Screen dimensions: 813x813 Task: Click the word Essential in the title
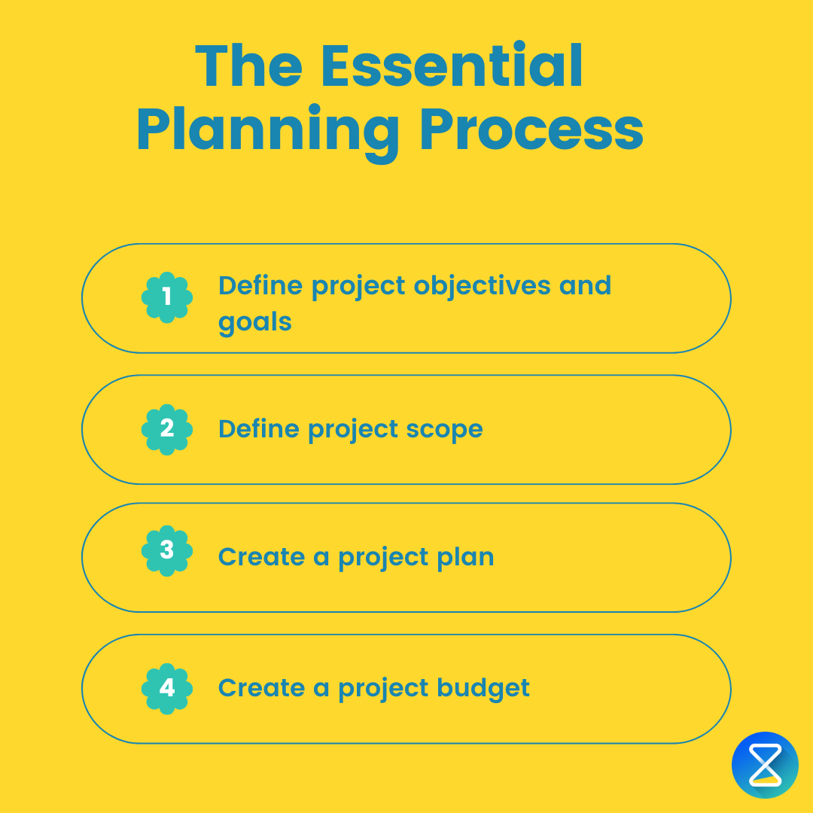[452, 67]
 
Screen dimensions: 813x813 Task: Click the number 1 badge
[167, 297]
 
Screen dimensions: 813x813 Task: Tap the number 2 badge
[167, 429]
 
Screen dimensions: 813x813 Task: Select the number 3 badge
[167, 550]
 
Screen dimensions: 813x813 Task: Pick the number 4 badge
[167, 688]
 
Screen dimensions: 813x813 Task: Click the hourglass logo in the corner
[765, 765]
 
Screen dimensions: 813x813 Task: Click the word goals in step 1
[254, 323]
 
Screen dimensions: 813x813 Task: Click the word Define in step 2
[259, 429]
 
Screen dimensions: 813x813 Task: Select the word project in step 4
[387, 689]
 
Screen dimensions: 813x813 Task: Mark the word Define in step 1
[259, 286]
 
